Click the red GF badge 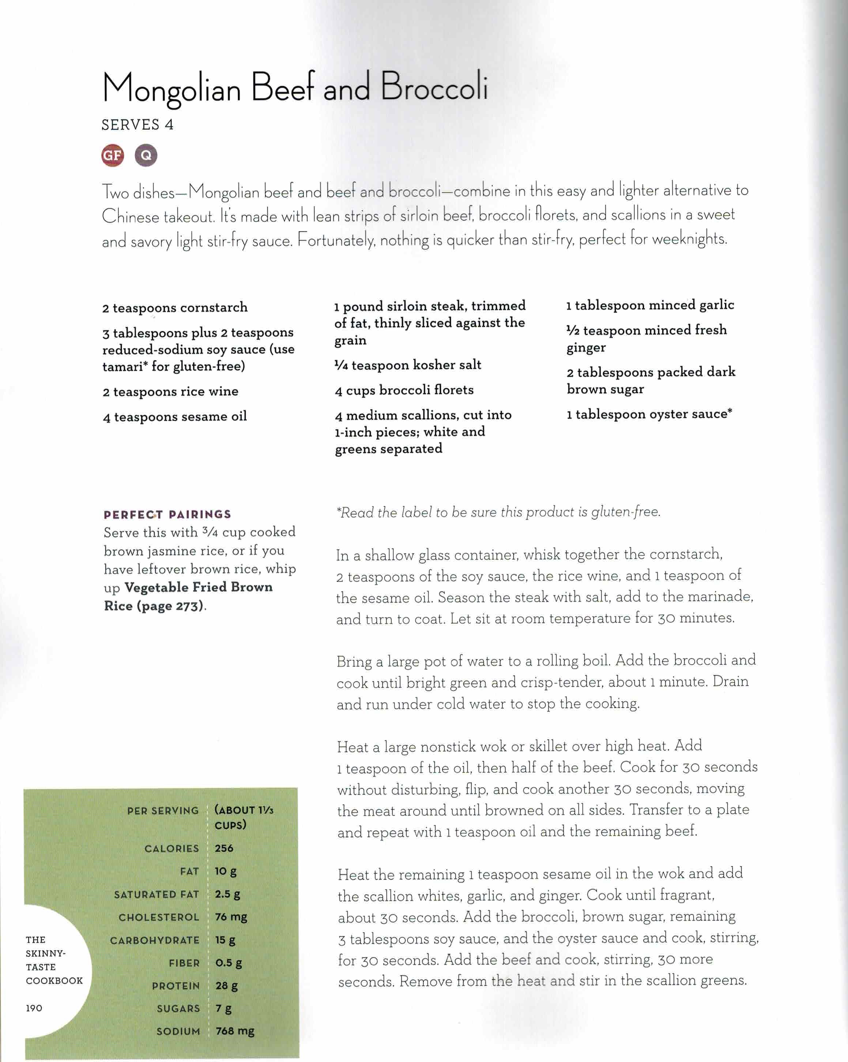click(112, 156)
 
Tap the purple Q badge click(146, 156)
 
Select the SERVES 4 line click(137, 125)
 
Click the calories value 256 click(224, 848)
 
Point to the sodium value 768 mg click(234, 1031)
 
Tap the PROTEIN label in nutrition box click(176, 986)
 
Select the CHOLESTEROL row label click(159, 917)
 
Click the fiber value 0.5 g click(228, 963)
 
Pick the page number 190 click(34, 1008)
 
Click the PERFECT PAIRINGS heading click(167, 515)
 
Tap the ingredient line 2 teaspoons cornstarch click(175, 308)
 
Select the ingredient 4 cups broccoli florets click(404, 390)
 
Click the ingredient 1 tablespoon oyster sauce click(649, 414)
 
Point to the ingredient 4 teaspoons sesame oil click(174, 417)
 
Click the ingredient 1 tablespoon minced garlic click(650, 305)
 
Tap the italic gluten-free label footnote click(498, 512)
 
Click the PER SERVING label click(163, 810)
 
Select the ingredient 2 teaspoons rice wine click(170, 392)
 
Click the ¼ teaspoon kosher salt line click(407, 365)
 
